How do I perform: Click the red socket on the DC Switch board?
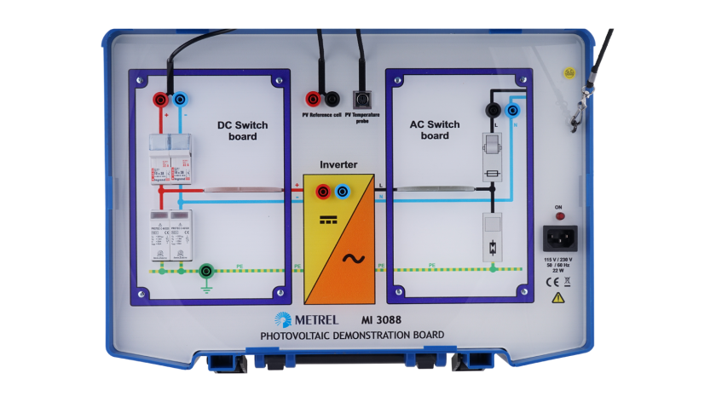[159, 100]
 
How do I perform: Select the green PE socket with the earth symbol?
[205, 273]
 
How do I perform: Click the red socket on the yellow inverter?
[324, 192]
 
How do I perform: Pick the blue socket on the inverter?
[343, 192]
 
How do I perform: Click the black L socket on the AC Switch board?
[492, 111]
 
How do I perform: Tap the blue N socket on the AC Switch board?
[512, 111]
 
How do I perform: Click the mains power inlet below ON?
[559, 237]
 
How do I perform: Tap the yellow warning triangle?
[557, 298]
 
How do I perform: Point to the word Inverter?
[338, 164]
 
